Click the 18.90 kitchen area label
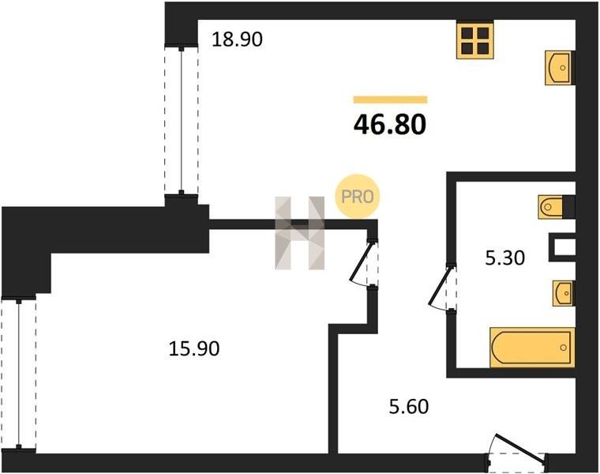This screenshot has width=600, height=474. click(238, 39)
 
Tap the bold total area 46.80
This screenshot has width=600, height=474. click(390, 125)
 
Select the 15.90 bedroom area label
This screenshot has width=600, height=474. click(194, 349)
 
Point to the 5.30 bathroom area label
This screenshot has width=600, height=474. click(504, 258)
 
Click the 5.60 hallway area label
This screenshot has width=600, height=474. click(409, 407)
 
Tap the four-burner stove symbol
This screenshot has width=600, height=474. click(475, 40)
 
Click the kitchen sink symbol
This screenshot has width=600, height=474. click(560, 68)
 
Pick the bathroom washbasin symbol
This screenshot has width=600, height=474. click(563, 293)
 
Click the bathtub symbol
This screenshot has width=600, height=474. click(532, 348)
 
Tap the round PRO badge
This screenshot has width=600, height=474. click(357, 197)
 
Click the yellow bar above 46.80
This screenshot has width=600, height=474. click(390, 100)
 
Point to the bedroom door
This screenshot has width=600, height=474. click(362, 263)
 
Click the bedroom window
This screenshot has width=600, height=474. click(18, 374)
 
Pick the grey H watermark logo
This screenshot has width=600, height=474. click(300, 233)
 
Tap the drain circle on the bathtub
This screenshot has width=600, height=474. click(563, 348)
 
